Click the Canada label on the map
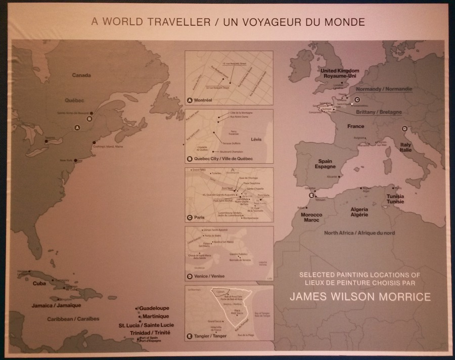(81, 75)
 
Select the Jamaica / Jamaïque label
(56, 305)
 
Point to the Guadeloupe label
(154, 308)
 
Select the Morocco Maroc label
(312, 217)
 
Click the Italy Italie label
(406, 147)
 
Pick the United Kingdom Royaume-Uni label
(340, 73)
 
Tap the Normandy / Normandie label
(387, 89)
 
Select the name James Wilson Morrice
(360, 297)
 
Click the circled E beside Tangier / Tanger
(190, 336)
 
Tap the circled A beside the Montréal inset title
(190, 100)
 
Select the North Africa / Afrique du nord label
(359, 233)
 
